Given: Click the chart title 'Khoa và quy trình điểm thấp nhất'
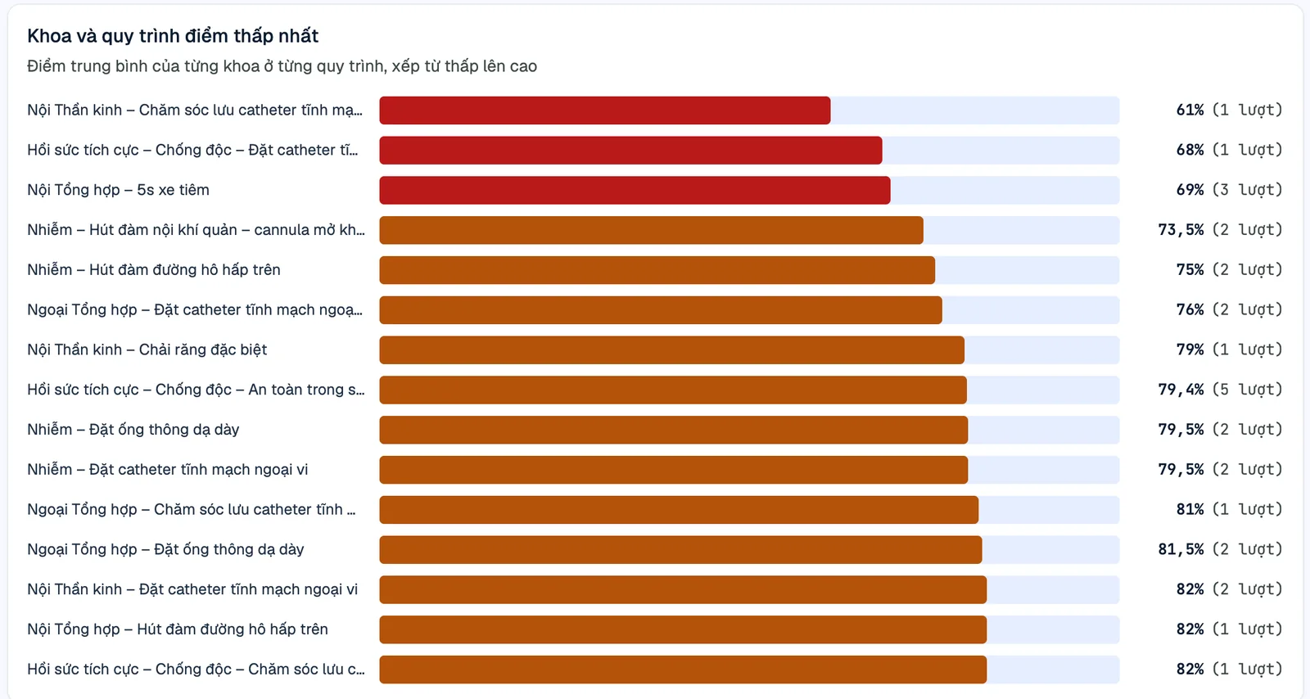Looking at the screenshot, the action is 173,36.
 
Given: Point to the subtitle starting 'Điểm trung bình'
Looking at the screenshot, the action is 282,66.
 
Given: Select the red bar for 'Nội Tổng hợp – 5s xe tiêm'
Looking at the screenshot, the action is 635,190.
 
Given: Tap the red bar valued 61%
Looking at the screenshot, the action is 605,110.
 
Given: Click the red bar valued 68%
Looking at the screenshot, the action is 630,151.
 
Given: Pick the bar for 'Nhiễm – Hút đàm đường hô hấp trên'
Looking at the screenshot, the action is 657,270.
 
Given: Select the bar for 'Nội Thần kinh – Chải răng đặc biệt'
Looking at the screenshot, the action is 671,349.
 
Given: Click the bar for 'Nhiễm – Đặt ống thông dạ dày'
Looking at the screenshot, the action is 673,430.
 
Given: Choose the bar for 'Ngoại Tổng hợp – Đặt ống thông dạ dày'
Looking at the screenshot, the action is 680,549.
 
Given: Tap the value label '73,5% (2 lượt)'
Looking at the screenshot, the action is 1220,230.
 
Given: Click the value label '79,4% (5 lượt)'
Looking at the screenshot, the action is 1220,390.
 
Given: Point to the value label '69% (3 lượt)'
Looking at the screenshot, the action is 1229,190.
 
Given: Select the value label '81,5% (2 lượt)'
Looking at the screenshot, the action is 1220,549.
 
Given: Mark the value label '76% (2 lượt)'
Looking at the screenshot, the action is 1229,309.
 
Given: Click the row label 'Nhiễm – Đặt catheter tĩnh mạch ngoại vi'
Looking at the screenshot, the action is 167,469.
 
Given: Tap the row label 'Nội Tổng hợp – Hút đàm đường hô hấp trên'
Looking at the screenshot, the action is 177,629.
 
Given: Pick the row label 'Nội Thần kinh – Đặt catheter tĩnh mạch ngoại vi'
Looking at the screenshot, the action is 192,589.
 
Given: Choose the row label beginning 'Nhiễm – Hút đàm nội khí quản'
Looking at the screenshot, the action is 196,230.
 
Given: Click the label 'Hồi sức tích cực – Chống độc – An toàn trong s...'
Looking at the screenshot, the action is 196,390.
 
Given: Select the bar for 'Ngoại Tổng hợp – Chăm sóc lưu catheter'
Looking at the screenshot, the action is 679,510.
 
